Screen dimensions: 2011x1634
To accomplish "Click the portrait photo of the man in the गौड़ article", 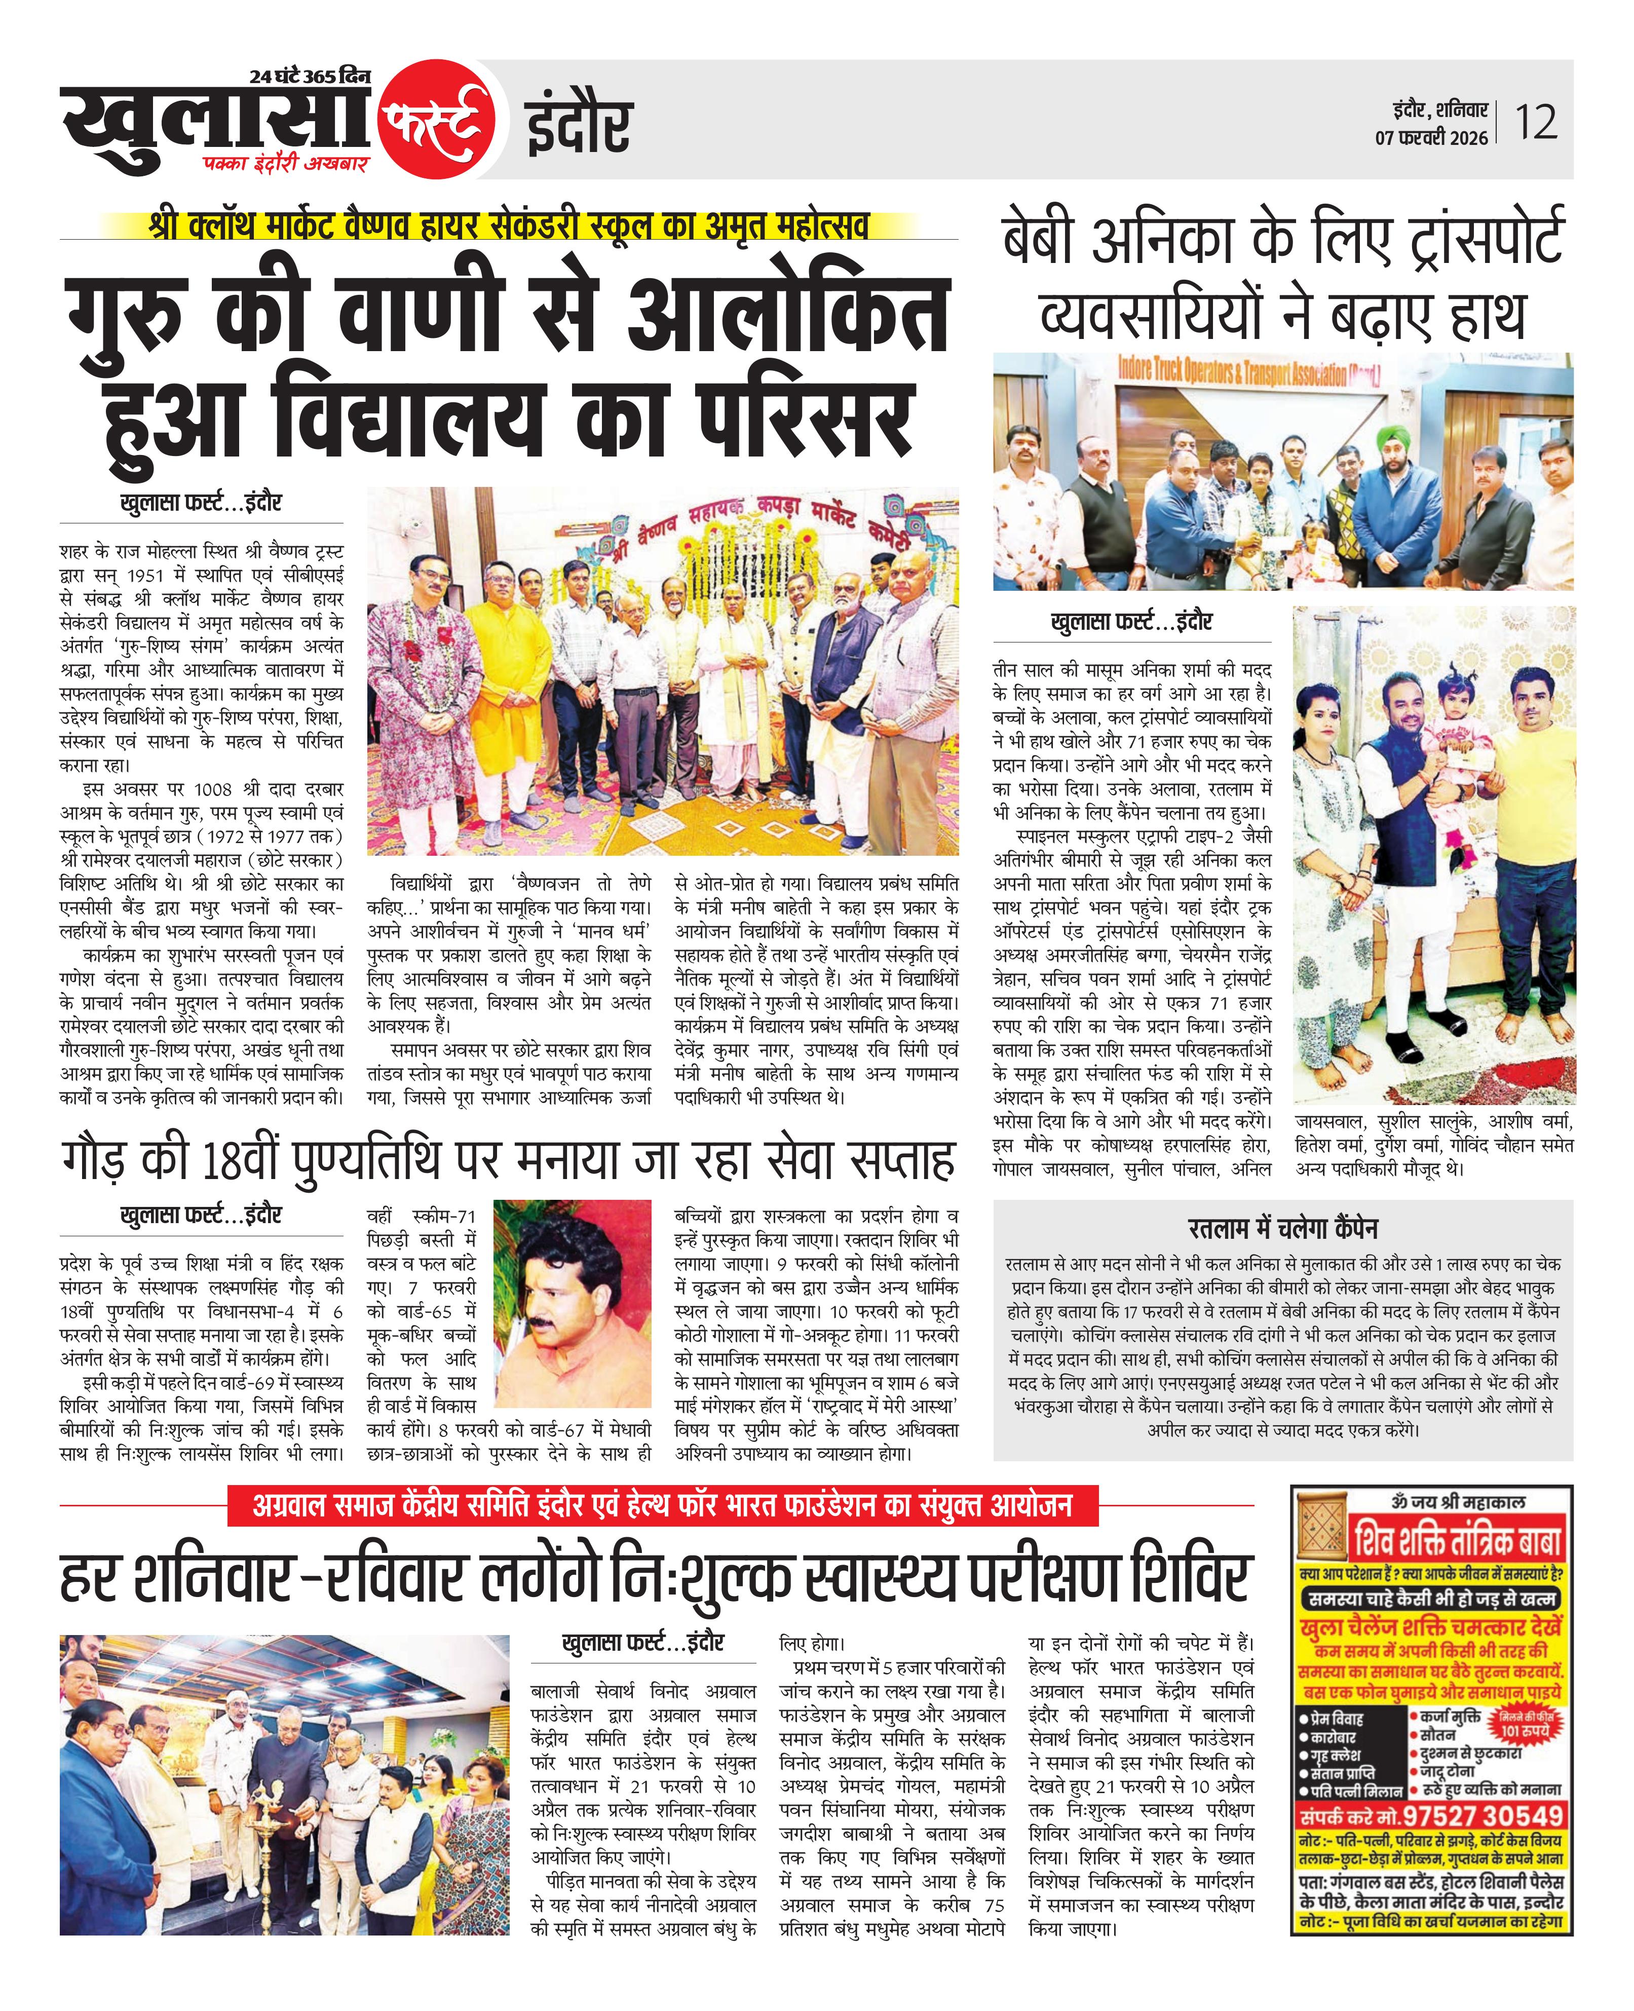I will tap(572, 1302).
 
